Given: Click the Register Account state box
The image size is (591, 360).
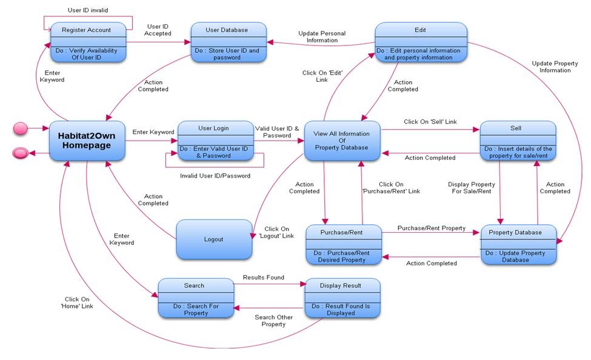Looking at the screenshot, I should (x=88, y=42).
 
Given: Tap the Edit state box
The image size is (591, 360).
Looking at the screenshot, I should (x=421, y=42).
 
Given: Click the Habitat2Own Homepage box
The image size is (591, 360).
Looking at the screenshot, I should (x=87, y=141).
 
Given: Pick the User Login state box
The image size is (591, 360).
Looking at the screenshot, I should (x=215, y=141).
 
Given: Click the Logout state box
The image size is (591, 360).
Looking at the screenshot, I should (x=213, y=239).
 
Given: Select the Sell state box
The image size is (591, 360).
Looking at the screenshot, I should (x=518, y=141).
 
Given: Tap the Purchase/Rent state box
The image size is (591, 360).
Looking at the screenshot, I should (x=342, y=245).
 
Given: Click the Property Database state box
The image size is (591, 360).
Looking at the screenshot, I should (x=519, y=245).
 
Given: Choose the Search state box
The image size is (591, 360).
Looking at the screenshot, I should (x=196, y=298).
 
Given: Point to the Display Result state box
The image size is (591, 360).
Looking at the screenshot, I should (x=342, y=298).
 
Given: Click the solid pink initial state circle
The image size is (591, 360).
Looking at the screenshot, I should (x=21, y=128).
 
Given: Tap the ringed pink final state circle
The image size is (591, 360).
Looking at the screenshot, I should (x=21, y=153).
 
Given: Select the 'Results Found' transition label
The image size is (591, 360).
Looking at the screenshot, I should (x=263, y=278).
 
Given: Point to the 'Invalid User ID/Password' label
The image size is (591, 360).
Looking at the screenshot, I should (x=215, y=176).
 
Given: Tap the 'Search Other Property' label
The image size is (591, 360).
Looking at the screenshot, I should (x=273, y=321).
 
